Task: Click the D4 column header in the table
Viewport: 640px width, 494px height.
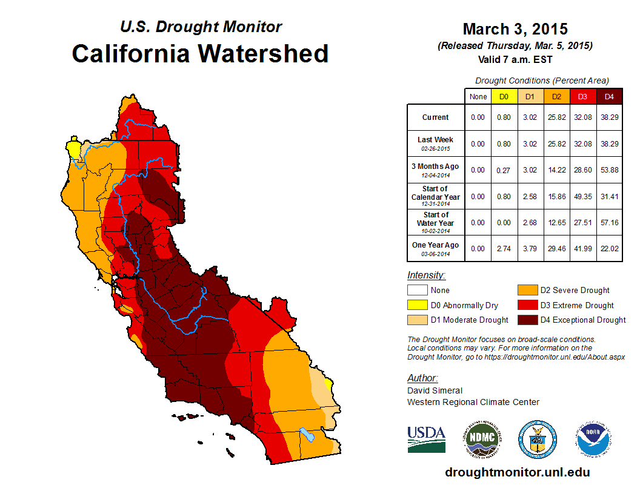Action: [609, 96]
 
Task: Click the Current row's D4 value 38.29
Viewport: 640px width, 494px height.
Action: [609, 117]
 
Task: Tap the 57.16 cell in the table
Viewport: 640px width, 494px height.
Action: [609, 222]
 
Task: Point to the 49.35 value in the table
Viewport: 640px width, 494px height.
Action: [583, 196]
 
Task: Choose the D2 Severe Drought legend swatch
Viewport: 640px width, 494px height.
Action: [526, 290]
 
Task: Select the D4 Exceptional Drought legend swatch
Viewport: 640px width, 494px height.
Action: [526, 320]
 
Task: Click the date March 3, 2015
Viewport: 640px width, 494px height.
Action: [515, 29]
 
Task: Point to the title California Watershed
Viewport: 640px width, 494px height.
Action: [200, 53]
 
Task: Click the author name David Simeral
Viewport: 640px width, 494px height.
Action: [435, 390]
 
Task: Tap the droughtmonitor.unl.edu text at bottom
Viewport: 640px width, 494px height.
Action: [517, 472]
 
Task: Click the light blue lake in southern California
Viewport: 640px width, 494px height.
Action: [307, 435]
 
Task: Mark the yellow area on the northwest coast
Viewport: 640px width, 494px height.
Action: [74, 148]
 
